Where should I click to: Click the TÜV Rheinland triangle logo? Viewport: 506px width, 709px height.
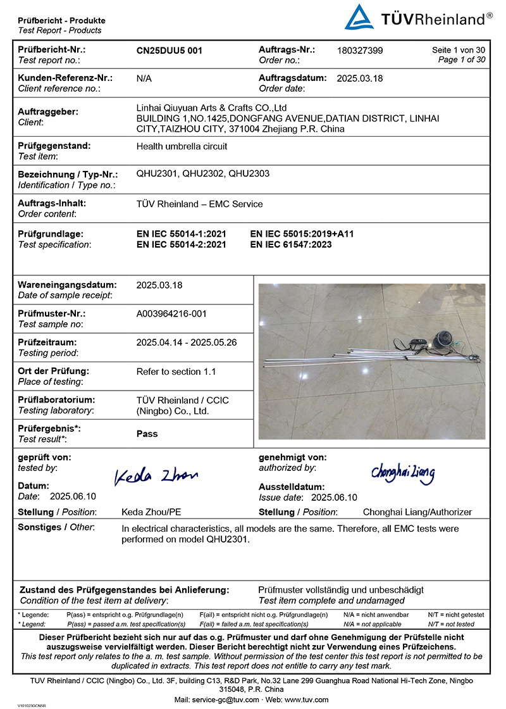359,17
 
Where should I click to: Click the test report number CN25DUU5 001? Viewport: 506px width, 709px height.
170,51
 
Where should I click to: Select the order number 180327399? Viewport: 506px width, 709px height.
360,51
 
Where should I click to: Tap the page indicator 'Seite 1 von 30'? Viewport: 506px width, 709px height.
459,50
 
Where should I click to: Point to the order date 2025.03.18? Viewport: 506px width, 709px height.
360,78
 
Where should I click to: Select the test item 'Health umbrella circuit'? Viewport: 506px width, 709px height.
182,146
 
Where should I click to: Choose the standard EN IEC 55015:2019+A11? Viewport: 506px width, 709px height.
302,234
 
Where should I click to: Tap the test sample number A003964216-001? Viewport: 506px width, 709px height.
171,313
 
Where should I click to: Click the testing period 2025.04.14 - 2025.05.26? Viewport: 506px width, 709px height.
187,342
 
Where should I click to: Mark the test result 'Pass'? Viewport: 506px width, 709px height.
147,434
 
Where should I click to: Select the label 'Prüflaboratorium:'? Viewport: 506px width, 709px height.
56,400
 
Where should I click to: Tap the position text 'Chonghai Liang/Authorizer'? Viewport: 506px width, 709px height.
417,512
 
